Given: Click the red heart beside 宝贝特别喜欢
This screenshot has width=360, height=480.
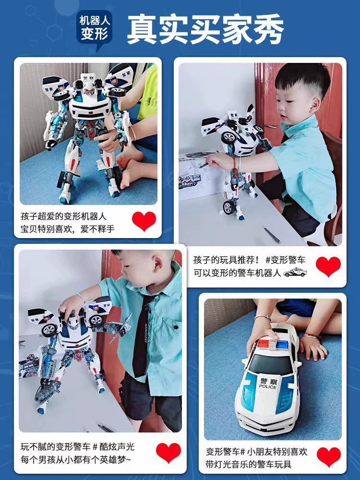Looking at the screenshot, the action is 144,221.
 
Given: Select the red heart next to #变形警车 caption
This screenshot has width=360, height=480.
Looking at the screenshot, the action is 328,266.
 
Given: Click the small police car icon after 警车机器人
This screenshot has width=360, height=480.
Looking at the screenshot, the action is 295,272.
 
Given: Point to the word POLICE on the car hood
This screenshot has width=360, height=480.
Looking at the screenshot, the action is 267,386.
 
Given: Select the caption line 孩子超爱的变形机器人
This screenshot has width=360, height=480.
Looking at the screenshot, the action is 64,216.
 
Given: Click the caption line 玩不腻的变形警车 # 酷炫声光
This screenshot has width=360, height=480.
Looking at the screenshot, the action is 78,446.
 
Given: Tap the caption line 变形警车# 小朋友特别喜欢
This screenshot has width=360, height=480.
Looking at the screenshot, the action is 256,452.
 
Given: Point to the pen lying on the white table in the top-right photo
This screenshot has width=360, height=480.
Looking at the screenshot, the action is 272,235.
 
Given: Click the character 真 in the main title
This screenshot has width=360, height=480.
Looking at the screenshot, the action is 142,29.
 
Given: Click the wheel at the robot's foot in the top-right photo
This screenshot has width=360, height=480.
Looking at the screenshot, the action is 228,208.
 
